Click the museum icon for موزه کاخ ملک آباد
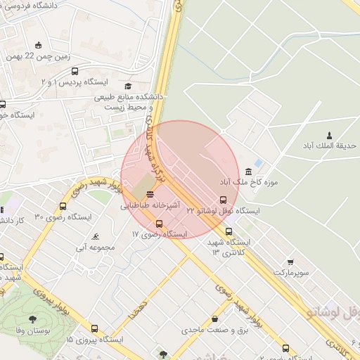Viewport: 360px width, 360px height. click(249, 172)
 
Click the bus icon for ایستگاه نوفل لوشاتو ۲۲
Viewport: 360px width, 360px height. click(224, 200)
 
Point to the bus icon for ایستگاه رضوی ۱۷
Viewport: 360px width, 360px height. click(159, 224)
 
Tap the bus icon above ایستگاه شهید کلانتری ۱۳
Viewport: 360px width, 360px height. click(229, 231)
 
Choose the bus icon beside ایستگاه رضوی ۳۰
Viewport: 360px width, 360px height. click(63, 207)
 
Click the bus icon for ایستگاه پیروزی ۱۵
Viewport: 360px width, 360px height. click(95, 328)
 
